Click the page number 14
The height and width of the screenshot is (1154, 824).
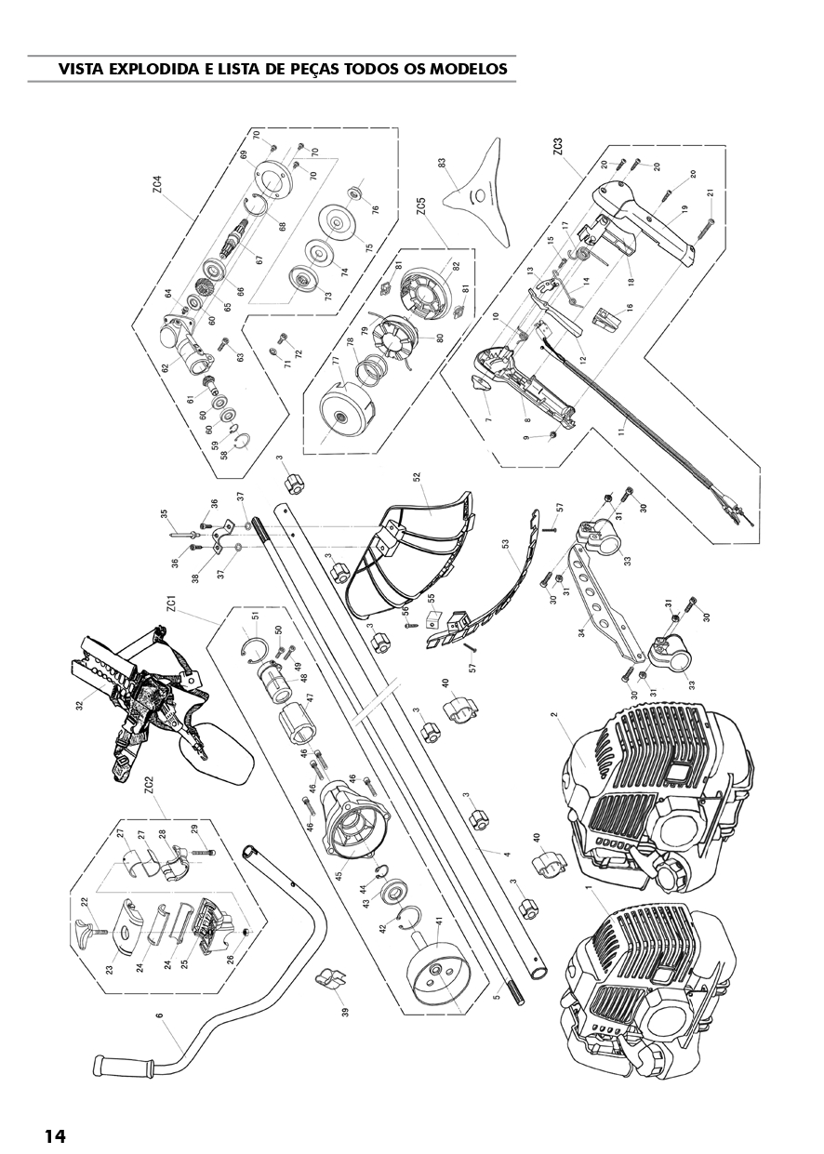coord(55,1135)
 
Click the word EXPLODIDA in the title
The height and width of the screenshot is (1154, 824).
coord(156,69)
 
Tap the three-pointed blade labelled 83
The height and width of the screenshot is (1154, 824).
coord(484,195)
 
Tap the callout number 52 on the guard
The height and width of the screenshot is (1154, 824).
coord(418,479)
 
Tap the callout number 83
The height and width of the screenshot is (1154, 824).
coord(443,165)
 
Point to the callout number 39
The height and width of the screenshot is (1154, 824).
coord(344,1012)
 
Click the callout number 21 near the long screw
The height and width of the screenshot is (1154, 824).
coord(711,193)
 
